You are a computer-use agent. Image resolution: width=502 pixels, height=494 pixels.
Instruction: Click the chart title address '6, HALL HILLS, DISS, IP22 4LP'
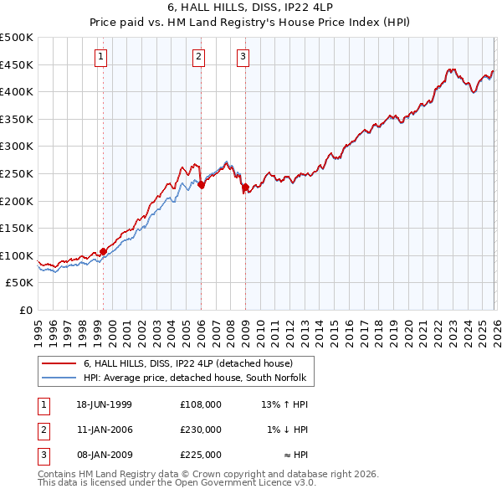pyautogui.click(x=251, y=8)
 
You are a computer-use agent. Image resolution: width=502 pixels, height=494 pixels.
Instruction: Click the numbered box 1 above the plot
pyautogui.click(x=101, y=57)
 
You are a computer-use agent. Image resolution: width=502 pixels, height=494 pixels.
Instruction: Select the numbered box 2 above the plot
pyautogui.click(x=198, y=57)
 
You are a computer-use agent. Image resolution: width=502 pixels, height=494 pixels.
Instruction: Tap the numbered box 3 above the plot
pyautogui.click(x=243, y=57)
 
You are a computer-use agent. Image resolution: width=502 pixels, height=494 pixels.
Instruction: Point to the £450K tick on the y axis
pyautogui.click(x=17, y=64)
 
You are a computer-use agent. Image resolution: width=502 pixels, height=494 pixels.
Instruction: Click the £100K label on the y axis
pyautogui.click(x=17, y=255)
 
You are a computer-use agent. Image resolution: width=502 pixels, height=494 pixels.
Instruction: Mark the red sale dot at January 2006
pyautogui.click(x=201, y=184)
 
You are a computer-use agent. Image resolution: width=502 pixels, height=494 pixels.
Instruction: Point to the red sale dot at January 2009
pyautogui.click(x=245, y=187)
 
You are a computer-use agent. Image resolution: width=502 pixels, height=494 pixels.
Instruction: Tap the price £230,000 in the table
pyautogui.click(x=201, y=430)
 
